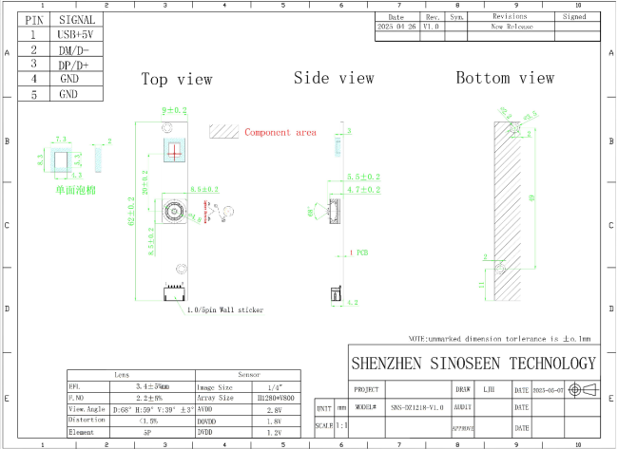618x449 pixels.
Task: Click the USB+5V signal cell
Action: pos(76,34)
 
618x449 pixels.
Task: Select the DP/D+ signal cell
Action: pos(76,64)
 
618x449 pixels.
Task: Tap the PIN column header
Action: pos(33,19)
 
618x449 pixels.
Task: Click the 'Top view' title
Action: pos(177,80)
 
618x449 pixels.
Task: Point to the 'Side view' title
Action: pos(334,78)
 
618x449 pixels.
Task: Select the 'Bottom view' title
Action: pos(504,78)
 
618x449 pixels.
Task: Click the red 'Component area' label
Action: pos(280,132)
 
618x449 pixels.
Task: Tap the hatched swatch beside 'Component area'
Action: pos(223,131)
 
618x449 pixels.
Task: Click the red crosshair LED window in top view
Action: pos(173,149)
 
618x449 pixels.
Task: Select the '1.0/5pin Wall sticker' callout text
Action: pos(224,309)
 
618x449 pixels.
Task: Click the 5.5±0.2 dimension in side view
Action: pos(362,178)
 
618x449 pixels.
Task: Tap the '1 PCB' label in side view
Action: pos(359,253)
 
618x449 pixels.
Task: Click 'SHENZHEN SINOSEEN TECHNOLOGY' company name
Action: pos(473,363)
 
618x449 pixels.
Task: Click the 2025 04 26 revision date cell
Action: pos(396,28)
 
